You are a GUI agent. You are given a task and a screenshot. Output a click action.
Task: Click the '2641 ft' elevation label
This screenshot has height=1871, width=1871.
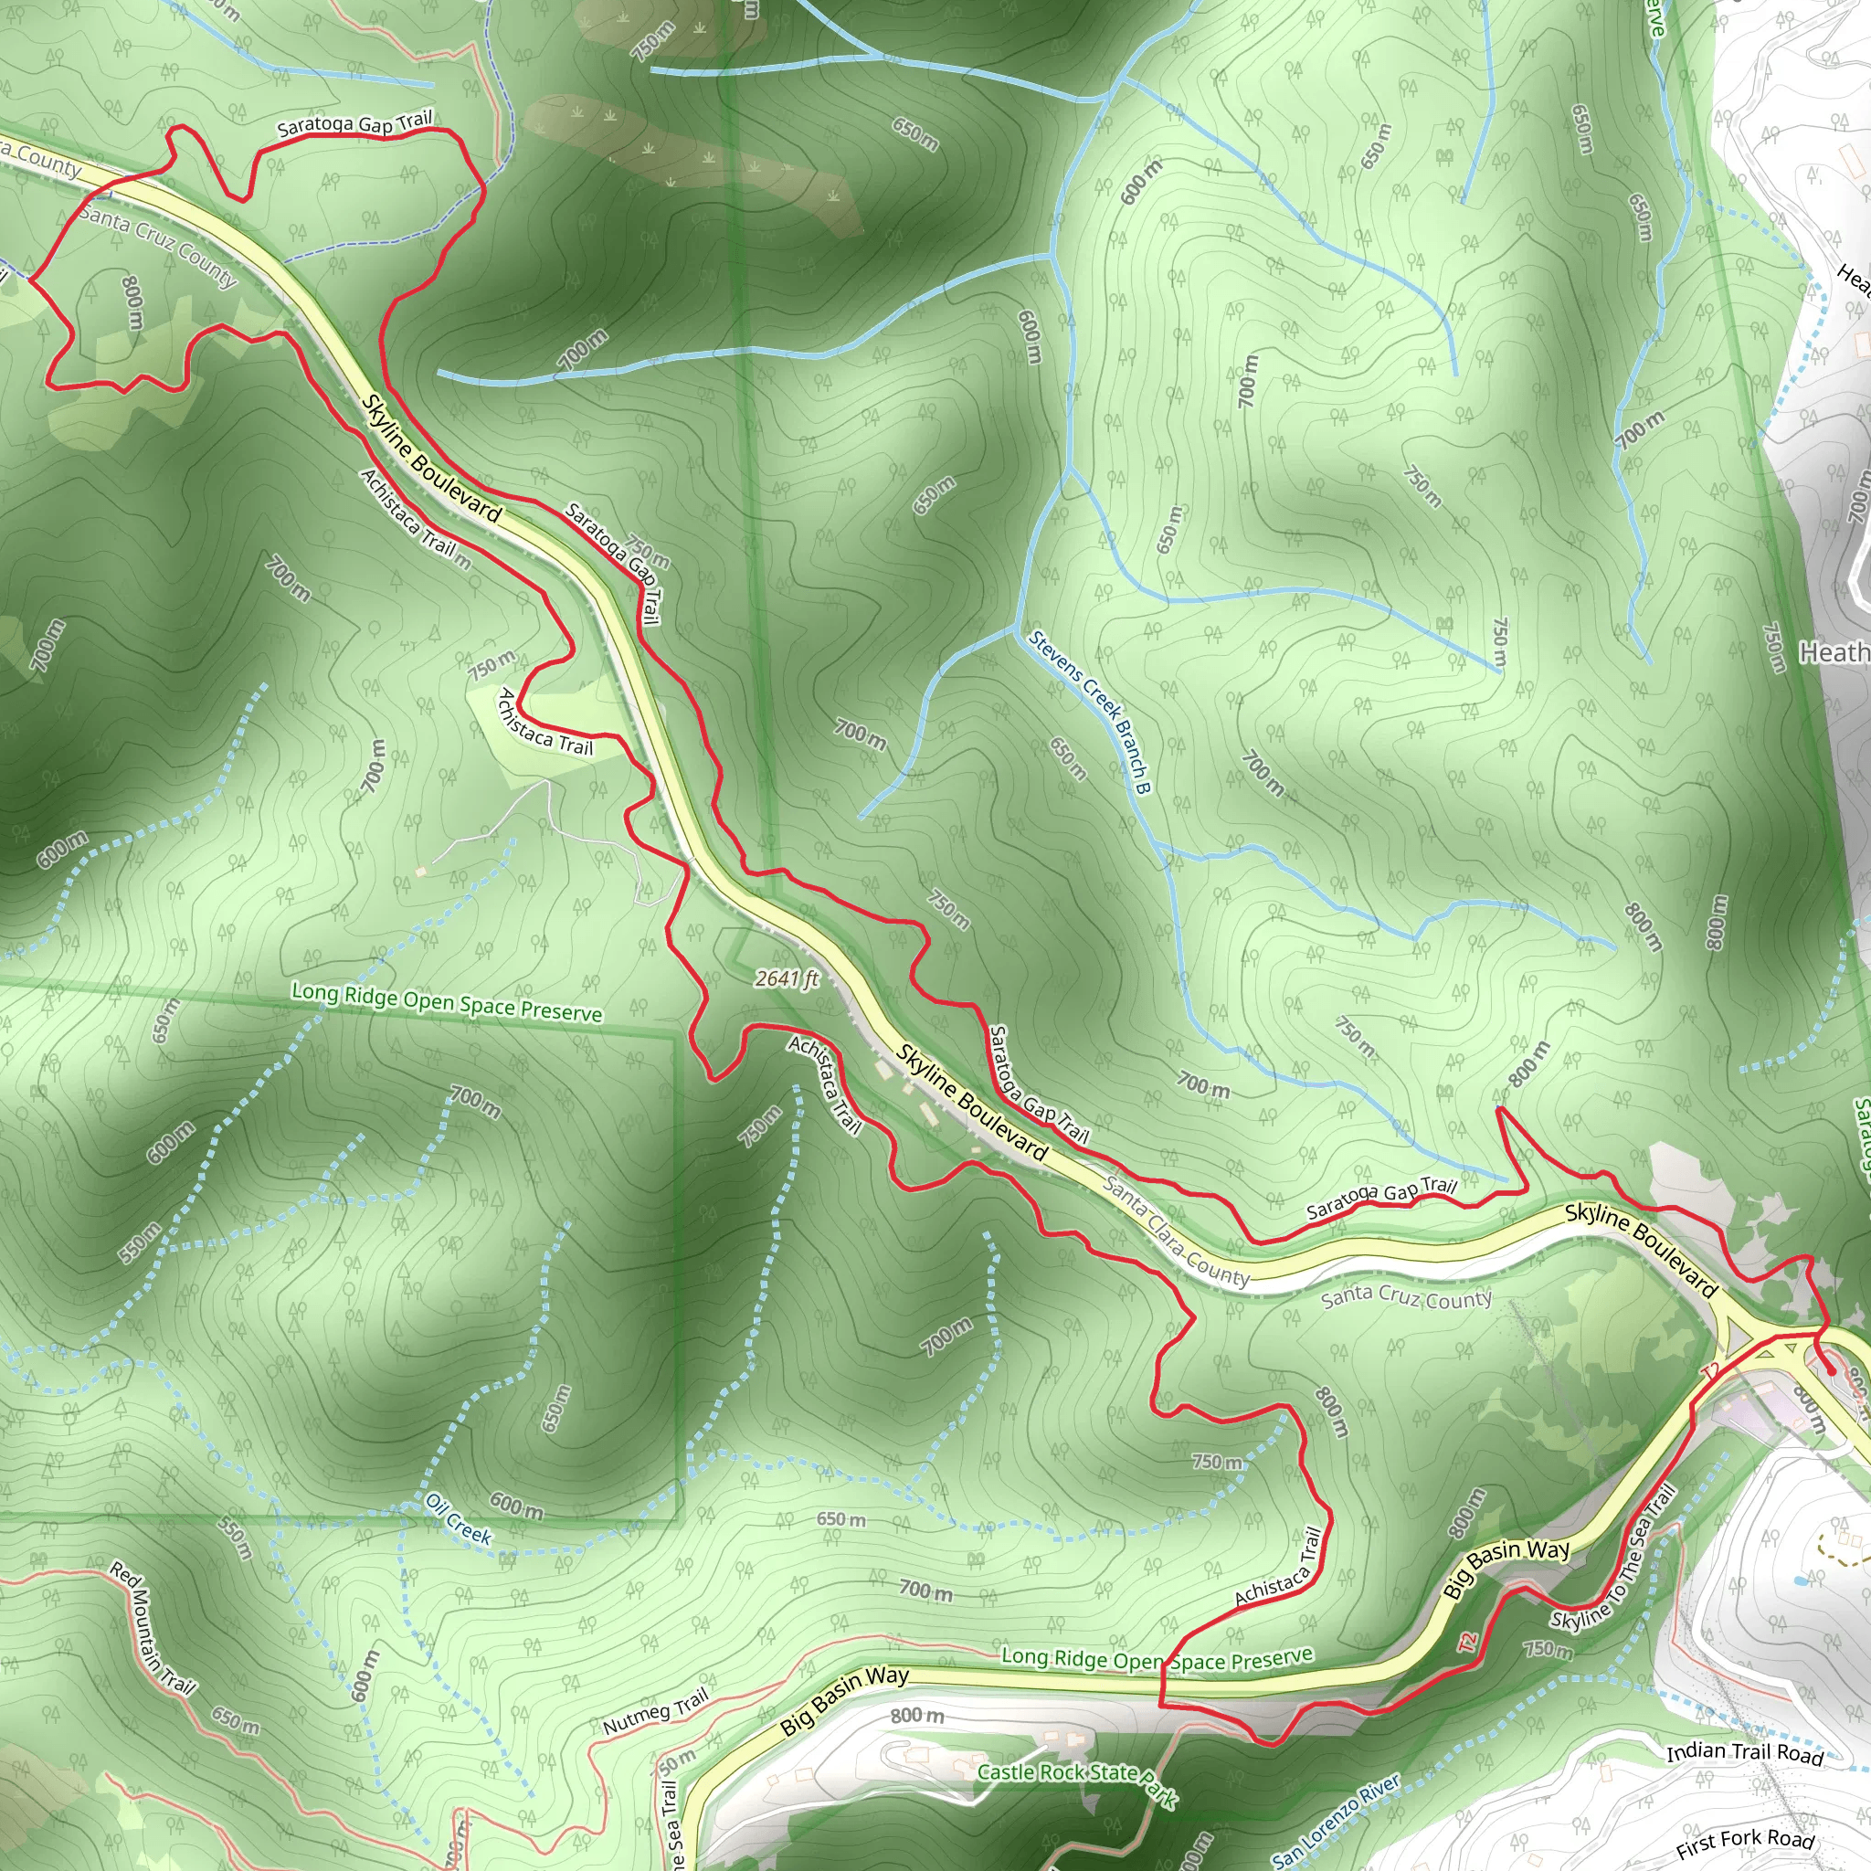787,979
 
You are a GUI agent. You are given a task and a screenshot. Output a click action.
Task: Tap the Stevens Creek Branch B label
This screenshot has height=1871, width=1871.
1090,712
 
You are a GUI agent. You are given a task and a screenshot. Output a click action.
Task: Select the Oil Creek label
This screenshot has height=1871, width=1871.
458,1517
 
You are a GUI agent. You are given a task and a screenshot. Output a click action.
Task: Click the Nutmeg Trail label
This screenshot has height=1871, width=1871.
655,1711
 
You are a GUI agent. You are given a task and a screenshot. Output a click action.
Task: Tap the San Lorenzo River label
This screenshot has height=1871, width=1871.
1336,1820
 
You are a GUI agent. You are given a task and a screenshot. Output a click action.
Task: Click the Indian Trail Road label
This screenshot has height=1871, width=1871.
1745,1752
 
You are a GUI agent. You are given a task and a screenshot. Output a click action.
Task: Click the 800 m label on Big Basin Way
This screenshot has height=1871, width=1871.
916,1716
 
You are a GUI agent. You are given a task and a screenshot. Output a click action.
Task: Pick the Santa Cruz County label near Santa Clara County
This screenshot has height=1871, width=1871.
1406,1296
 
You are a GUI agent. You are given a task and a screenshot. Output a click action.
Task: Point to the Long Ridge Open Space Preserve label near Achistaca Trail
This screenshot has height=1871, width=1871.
1157,1659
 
